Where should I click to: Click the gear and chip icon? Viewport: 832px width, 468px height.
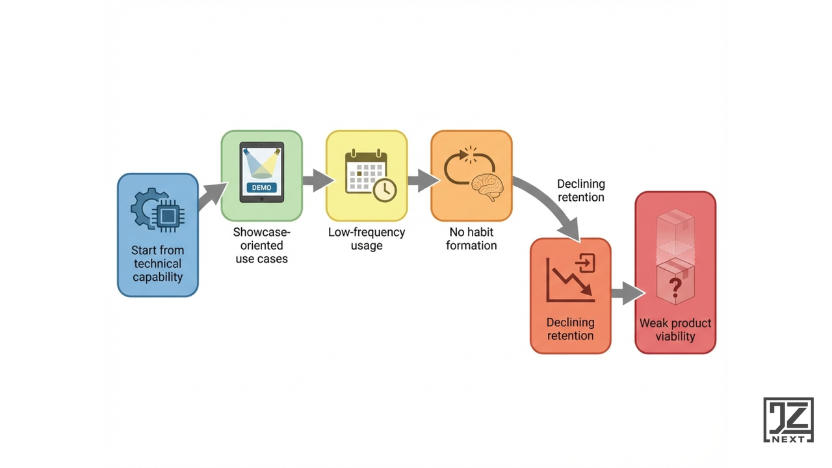click(157, 210)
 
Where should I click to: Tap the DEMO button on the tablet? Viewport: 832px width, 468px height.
click(262, 188)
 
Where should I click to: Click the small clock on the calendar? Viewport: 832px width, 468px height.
click(385, 189)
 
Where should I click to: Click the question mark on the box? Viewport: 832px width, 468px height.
click(675, 286)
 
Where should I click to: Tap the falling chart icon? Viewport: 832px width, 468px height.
click(571, 279)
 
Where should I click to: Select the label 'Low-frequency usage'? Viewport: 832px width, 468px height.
click(367, 239)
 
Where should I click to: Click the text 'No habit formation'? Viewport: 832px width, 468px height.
click(471, 239)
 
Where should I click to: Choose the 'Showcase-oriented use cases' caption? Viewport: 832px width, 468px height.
click(262, 245)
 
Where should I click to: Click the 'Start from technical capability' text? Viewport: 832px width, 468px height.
click(157, 263)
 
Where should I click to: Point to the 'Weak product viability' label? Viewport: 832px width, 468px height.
click(675, 330)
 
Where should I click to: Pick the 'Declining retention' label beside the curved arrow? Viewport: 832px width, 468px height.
click(580, 190)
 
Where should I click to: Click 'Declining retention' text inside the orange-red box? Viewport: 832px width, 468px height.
click(571, 329)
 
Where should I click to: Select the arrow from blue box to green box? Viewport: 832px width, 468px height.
click(211, 196)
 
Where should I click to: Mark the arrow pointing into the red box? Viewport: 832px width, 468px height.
click(626, 293)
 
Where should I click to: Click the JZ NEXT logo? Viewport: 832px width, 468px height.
click(788, 420)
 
